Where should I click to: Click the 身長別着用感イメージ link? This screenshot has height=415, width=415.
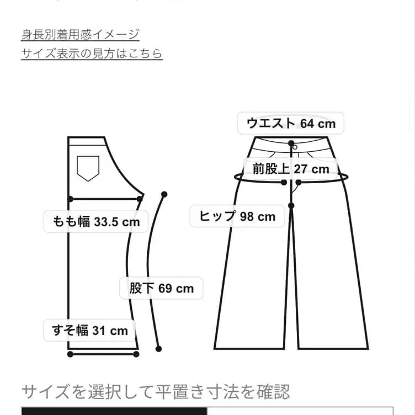80,34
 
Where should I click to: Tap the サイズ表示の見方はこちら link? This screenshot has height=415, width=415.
92,54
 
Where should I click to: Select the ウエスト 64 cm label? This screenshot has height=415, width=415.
290,123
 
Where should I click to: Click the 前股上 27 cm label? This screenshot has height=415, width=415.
290,169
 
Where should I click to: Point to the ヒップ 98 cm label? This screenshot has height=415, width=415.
237,216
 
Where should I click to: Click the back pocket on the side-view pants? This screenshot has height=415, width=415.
88,168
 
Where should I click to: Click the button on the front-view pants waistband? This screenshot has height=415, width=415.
294,147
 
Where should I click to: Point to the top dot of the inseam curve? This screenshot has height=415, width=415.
164,194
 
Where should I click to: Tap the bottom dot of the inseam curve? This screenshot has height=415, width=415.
158,348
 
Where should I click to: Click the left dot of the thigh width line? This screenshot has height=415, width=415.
70,198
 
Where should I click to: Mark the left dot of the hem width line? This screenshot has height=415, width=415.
70,353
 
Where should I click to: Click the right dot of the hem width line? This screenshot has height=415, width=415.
136,353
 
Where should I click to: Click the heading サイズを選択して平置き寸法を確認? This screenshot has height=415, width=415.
155,392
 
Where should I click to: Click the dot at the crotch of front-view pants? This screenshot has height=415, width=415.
291,206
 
